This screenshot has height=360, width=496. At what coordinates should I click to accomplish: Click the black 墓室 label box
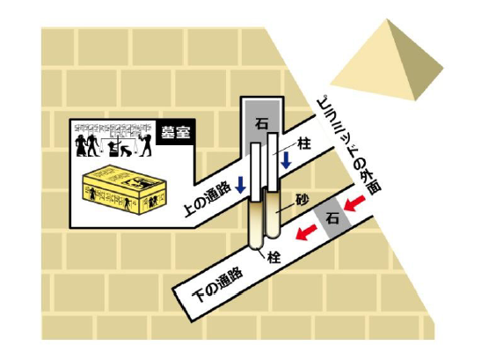pyautogui.click(x=175, y=132)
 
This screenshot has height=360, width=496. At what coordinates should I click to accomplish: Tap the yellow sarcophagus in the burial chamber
pyautogui.click(x=124, y=189)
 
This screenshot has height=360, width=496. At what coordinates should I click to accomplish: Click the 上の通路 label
pyautogui.click(x=206, y=199)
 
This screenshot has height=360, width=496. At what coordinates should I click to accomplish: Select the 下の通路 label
pyautogui.click(x=219, y=284)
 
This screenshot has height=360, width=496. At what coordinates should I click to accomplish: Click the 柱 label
pyautogui.click(x=304, y=144)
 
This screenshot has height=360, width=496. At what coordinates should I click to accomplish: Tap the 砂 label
pyautogui.click(x=303, y=199)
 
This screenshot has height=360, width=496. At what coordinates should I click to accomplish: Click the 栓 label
pyautogui.click(x=274, y=257)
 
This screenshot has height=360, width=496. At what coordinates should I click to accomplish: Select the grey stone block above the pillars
pyautogui.click(x=261, y=127)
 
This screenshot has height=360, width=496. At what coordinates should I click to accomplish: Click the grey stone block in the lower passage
pyautogui.click(x=332, y=218)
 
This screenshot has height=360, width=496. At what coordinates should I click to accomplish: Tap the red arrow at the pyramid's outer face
pyautogui.click(x=354, y=203)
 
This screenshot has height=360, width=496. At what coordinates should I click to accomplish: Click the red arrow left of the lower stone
pyautogui.click(x=306, y=232)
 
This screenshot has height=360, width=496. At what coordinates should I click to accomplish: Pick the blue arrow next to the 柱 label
pyautogui.click(x=287, y=160)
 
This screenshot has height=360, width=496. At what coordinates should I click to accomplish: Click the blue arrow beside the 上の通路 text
pyautogui.click(x=241, y=185)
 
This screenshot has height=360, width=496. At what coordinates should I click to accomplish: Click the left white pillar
pyautogui.click(x=256, y=172)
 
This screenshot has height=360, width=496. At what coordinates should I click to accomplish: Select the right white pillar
pyautogui.click(x=273, y=162)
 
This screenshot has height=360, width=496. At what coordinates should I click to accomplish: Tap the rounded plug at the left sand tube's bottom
pyautogui.click(x=256, y=245)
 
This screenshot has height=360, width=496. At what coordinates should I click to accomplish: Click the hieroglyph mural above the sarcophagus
pyautogui.click(x=113, y=141)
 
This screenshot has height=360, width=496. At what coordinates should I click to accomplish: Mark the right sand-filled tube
pyautogui.click(x=273, y=213)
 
